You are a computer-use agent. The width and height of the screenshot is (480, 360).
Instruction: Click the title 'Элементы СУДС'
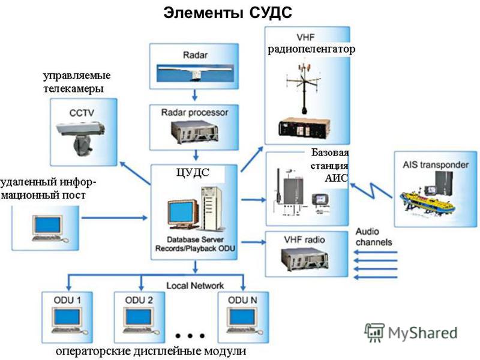coord(227,13)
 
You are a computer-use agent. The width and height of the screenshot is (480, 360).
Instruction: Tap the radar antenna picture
coord(194,73)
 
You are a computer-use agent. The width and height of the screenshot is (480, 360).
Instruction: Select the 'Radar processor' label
coord(194,113)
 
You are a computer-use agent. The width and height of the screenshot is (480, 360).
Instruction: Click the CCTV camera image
coord(80,136)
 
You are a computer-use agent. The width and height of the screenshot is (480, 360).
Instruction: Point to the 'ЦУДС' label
coord(193,173)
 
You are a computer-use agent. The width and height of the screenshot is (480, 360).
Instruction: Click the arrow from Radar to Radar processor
coord(194,95)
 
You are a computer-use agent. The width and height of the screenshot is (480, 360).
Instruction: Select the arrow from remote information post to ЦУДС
coord(115,218)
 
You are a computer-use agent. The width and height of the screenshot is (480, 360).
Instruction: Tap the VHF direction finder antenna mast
coord(304,89)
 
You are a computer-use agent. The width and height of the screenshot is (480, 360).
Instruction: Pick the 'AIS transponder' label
coord(436,165)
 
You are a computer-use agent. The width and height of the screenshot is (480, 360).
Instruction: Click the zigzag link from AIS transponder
coord(371,190)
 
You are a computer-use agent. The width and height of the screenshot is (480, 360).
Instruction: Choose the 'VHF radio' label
coord(304,239)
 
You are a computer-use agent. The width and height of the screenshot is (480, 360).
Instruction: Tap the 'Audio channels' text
coord(374,236)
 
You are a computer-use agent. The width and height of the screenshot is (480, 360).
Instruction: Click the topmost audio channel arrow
coord(376,252)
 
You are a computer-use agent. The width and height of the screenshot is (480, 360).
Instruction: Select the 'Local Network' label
coord(195,286)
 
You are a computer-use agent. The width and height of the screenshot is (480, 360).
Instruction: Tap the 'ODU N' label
coord(242,301)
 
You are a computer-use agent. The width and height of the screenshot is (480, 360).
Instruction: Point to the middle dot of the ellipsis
coord(190,336)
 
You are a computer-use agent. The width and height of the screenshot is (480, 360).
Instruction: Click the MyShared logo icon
coord(374,332)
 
